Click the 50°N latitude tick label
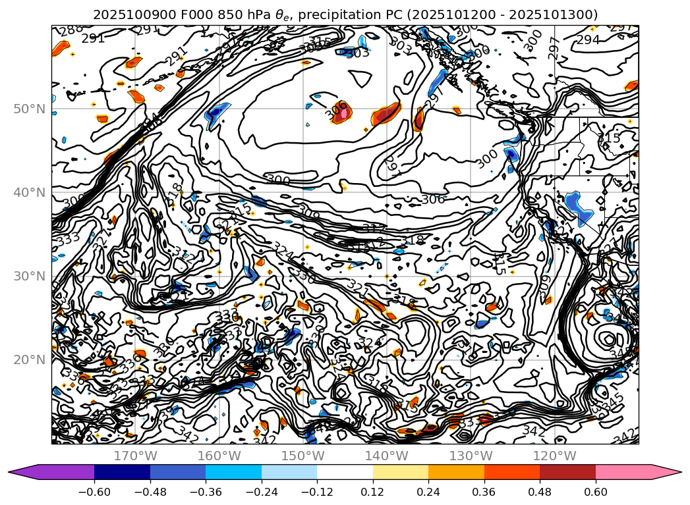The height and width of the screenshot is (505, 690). coord(30,109)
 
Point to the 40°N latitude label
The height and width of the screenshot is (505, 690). coord(30,192)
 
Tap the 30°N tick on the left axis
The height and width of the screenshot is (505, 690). coord(30,276)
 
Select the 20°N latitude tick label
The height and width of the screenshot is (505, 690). coord(30,359)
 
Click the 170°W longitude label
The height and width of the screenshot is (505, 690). coord(135,456)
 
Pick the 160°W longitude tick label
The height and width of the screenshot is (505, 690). coord(219,456)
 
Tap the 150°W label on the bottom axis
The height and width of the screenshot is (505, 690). coord(303,456)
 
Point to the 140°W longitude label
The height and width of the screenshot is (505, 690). coord(387,456)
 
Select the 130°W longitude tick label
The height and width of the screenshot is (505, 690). coord(471,456)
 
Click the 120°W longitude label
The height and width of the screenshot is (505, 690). coord(554,456)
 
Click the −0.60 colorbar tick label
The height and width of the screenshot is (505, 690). coord(94,493)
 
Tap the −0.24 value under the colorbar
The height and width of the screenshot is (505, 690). coord(262,493)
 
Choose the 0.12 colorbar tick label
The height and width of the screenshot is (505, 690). coord(373,493)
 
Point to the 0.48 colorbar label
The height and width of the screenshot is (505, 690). coord(540,493)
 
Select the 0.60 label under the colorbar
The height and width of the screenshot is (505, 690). coord(596,493)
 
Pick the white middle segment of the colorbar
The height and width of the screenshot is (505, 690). coord(345,472)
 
